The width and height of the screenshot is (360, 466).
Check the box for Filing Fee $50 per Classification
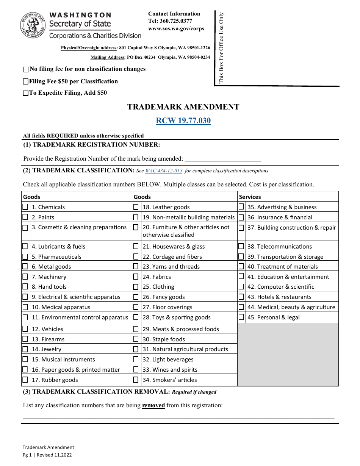[26, 81]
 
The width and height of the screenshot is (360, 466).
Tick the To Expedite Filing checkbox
[26, 93]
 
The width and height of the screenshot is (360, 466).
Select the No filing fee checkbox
[26, 69]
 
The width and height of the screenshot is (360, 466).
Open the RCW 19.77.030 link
[183, 121]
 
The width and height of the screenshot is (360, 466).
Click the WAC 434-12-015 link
[164, 171]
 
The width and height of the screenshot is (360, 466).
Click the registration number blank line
[223, 159]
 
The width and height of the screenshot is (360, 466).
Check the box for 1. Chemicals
[25, 207]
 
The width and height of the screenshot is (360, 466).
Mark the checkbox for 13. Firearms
[25, 339]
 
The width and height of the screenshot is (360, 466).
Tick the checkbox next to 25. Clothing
[136, 287]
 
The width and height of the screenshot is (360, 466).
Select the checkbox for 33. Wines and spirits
[136, 369]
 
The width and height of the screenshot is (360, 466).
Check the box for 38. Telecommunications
[241, 246]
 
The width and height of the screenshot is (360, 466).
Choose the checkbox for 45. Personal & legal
[241, 317]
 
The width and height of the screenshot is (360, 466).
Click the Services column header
[250, 197]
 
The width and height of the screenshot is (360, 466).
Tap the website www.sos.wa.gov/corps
[176, 28]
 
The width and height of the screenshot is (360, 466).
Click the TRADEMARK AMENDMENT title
[183, 107]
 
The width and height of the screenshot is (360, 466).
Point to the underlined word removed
[153, 405]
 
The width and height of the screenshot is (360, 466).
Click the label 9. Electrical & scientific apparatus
[76, 297]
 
